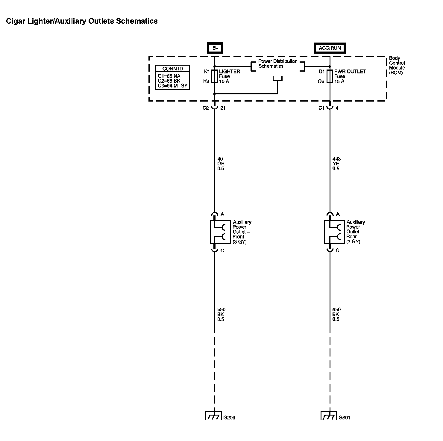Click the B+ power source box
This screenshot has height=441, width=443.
(x=215, y=48)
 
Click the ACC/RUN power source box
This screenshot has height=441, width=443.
(x=330, y=48)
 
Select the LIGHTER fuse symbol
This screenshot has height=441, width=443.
(x=215, y=76)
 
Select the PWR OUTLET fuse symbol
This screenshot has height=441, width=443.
(x=330, y=76)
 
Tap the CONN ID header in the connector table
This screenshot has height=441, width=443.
(x=172, y=69)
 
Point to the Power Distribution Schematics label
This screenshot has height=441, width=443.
(x=277, y=64)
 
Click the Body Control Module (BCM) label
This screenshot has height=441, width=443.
(x=397, y=65)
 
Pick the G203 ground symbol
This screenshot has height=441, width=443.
(x=213, y=416)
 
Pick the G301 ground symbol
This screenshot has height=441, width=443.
(x=329, y=416)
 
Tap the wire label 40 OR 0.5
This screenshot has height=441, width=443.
(x=221, y=164)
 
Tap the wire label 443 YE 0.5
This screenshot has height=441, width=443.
(x=336, y=164)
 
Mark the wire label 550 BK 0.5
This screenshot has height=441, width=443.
(x=221, y=314)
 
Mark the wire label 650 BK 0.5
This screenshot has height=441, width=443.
(x=336, y=314)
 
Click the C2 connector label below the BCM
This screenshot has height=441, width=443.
(x=205, y=108)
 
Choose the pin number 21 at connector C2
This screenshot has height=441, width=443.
(x=223, y=108)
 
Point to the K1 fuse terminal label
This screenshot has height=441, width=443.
(x=207, y=72)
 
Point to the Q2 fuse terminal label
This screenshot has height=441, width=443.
(x=321, y=81)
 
